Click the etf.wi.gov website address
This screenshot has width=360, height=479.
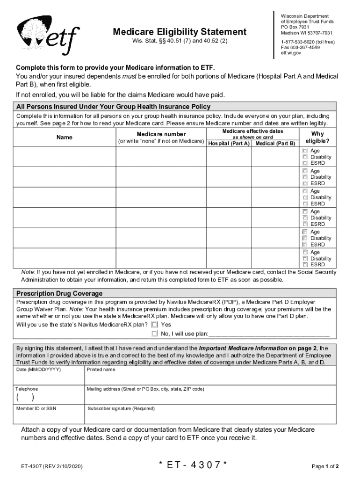pyautogui.click(x=291, y=53)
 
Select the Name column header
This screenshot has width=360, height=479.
pyautogui.click(x=65, y=138)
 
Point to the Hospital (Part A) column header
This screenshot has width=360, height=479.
pyautogui.click(x=229, y=143)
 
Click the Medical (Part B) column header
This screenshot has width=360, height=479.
pyautogui.click(x=275, y=143)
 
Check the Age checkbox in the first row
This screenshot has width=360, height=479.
pyautogui.click(x=305, y=151)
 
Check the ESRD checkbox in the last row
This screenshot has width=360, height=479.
pyautogui.click(x=305, y=265)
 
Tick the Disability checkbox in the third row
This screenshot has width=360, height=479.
pyautogui.click(x=305, y=198)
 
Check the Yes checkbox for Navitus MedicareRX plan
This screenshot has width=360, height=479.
pyautogui.click(x=154, y=325)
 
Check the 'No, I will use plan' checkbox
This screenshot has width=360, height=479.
pyautogui.click(x=154, y=334)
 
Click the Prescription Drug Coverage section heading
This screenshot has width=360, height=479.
pyautogui.click(x=59, y=294)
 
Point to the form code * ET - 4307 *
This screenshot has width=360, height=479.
pyautogui.click(x=193, y=465)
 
